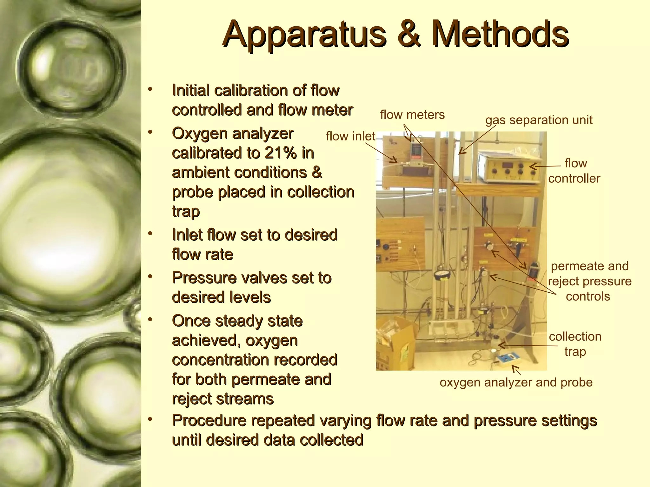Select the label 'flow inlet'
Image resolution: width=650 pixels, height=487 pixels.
pos(350,136)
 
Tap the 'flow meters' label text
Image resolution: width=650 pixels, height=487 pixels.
pos(412,115)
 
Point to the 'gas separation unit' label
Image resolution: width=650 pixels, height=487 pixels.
pos(539,120)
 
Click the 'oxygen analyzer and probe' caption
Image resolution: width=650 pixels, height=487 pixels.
pos(516,382)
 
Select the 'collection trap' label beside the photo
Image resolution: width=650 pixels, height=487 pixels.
pos(575,344)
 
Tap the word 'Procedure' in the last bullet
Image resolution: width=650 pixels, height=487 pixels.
pos(209,421)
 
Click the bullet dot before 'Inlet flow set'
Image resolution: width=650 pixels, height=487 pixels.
pos(150,234)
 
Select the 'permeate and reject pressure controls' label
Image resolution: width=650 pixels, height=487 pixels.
pos(589,281)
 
